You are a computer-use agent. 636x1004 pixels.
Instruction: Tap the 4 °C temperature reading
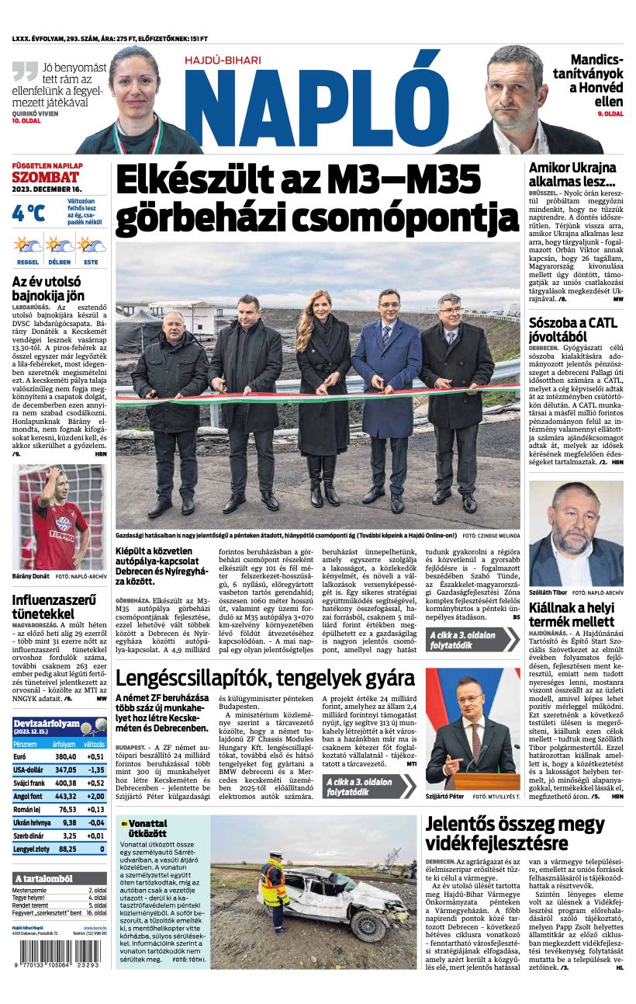tap(29, 212)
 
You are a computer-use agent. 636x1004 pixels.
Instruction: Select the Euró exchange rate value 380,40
tap(65, 756)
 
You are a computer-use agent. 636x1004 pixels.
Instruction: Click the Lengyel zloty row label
tap(30, 849)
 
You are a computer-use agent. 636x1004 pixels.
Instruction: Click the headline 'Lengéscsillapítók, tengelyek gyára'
tap(265, 678)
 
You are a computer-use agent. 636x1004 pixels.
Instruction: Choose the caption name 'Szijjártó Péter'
tap(444, 797)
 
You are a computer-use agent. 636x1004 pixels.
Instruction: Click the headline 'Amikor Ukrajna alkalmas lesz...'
tap(572, 175)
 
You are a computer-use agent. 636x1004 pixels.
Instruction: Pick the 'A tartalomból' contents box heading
tap(43, 878)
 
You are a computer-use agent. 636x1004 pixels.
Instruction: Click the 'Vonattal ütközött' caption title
tap(147, 828)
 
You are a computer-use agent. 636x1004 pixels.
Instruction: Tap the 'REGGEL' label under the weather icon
tap(28, 262)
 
